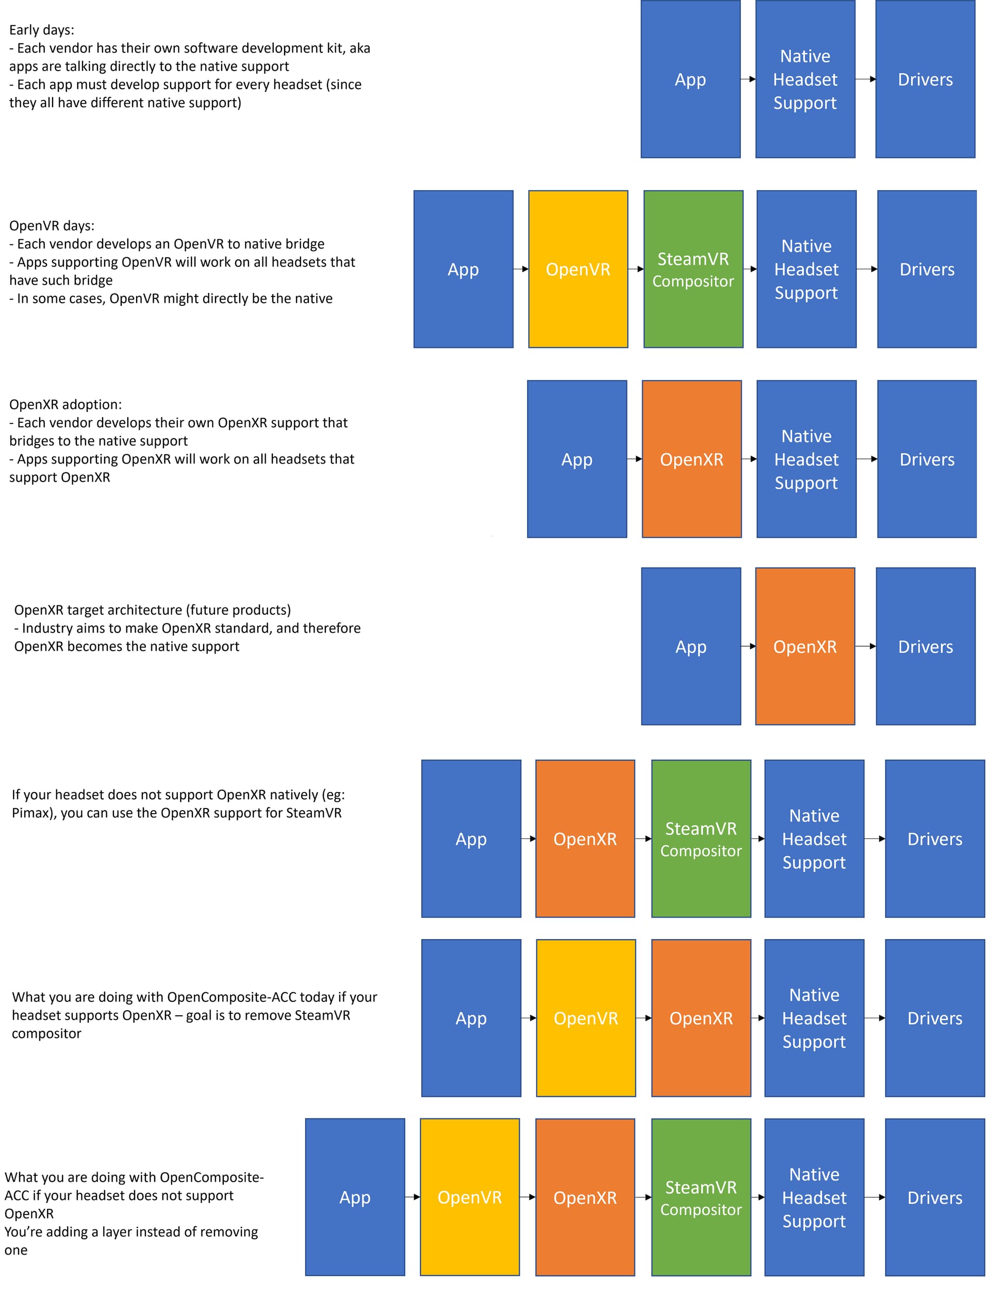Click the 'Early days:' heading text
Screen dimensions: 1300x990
point(41,30)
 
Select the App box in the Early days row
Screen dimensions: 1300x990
point(690,79)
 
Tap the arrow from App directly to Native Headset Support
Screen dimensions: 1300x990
point(748,79)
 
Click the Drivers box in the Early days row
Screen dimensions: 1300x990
point(925,79)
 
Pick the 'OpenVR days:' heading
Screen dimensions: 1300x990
point(52,226)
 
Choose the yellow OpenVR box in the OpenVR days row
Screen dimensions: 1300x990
point(578,269)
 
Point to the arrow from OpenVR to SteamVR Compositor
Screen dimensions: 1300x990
point(636,269)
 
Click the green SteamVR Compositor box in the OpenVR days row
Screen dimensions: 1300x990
point(693,269)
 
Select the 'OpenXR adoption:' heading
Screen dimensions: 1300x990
point(65,404)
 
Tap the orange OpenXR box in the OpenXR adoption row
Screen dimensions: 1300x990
point(691,459)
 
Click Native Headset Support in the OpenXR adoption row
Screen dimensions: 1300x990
point(806,459)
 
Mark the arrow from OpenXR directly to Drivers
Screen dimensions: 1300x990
point(865,647)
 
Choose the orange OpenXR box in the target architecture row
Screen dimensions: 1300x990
point(805,647)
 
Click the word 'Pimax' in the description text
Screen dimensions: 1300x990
point(30,813)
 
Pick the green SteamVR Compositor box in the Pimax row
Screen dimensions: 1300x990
point(701,838)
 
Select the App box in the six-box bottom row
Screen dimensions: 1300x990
point(355,1197)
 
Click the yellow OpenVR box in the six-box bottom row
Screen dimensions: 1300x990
point(470,1197)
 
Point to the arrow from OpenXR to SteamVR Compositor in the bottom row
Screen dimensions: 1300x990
point(643,1197)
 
